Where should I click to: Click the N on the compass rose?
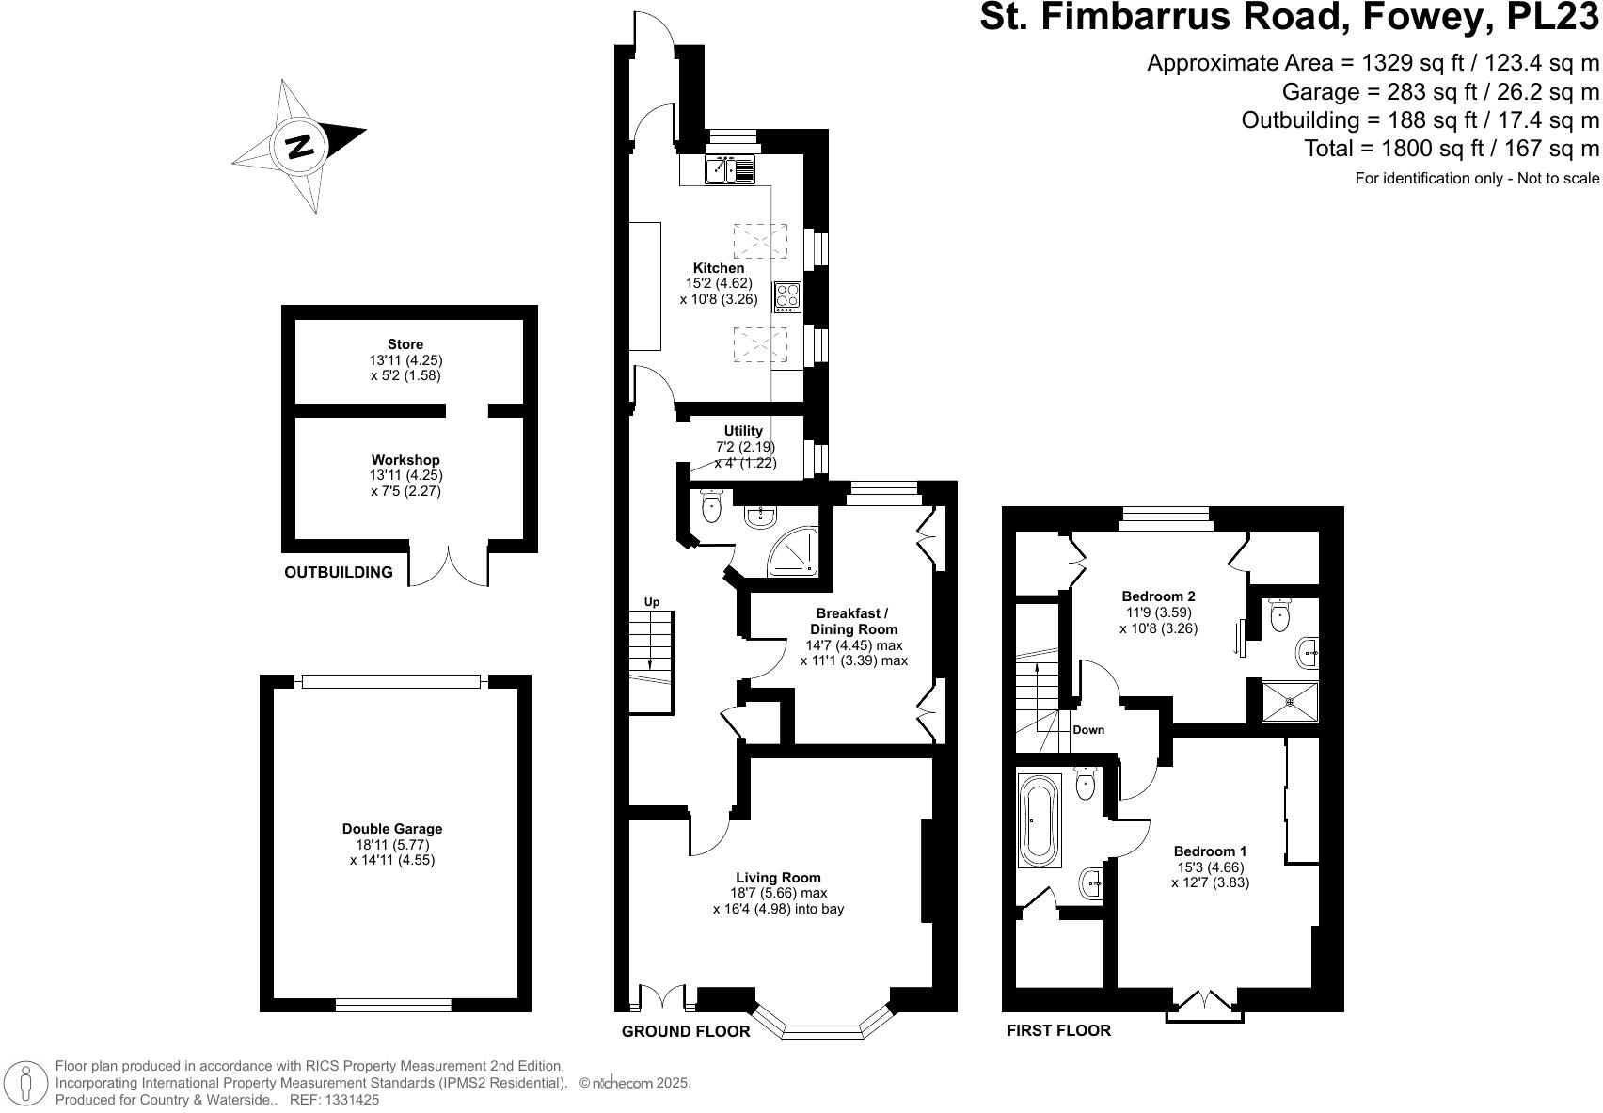(300, 148)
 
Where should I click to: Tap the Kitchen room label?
(719, 268)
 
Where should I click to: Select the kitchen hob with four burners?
(787, 296)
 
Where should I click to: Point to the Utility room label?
(743, 431)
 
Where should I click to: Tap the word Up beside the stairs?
(652, 602)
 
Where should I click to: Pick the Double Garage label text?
(392, 829)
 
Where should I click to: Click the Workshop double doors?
(449, 566)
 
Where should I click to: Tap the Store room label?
(405, 344)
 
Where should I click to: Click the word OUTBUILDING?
(339, 572)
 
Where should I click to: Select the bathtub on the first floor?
(1040, 819)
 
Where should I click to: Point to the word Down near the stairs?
(1088, 730)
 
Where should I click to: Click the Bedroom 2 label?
(1158, 596)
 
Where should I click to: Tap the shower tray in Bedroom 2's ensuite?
(1290, 700)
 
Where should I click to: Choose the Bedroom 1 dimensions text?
(1210, 875)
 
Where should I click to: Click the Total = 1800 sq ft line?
(1451, 148)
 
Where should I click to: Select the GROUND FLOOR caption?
(686, 1031)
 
